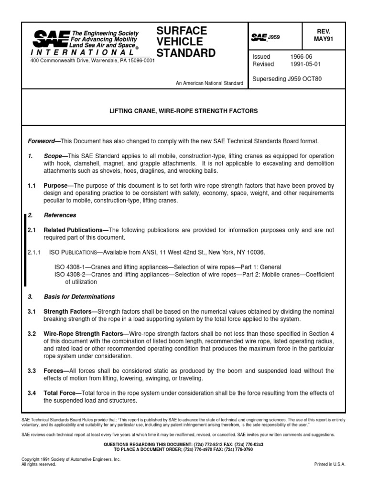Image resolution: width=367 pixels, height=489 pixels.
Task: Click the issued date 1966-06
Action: point(300,56)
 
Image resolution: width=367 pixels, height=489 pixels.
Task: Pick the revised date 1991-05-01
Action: point(307,64)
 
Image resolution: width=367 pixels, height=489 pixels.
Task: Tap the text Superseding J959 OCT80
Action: point(287,79)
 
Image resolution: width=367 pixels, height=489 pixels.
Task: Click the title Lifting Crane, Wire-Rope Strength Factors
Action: point(184,111)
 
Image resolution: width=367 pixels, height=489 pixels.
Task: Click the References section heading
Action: point(60,215)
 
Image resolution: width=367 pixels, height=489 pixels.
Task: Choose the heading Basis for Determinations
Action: point(79,297)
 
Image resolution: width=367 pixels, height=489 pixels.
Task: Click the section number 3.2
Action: point(32,332)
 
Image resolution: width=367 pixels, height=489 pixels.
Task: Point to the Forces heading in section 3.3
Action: point(55,371)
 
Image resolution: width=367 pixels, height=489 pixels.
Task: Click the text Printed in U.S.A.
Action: point(329,464)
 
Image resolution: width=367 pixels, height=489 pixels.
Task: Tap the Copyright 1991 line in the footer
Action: point(71,459)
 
